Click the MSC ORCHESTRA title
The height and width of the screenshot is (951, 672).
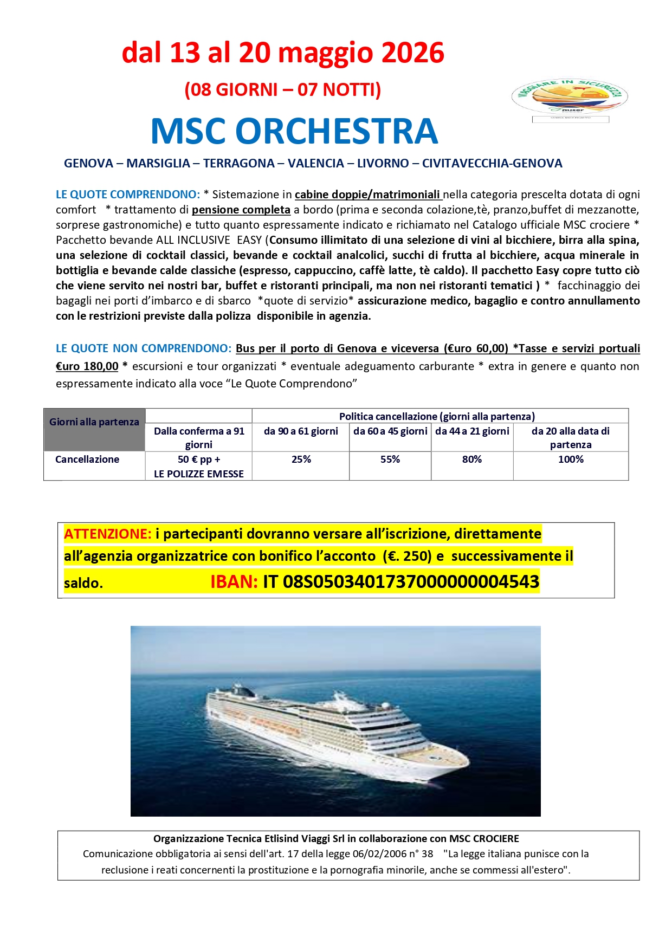pos(294,131)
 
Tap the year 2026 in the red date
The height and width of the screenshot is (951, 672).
pos(413,53)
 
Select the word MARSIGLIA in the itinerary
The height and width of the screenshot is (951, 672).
pos(158,164)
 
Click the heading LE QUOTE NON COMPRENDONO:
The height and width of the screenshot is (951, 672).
pos(144,348)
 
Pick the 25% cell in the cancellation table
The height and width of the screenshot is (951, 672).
pos(301,460)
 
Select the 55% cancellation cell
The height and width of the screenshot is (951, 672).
pos(390,460)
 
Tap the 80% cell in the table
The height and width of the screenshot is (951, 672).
pos(472,460)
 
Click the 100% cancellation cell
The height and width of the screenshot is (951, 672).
pos(571,460)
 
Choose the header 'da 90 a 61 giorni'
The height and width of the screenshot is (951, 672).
pos(301,431)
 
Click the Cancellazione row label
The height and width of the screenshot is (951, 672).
pos(87,460)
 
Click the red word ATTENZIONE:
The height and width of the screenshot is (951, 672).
pos(107,534)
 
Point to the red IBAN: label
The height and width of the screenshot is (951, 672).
pos(234,582)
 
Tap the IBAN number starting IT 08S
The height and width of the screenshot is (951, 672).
pos(401,582)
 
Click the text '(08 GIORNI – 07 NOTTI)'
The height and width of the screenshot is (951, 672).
pos(283,89)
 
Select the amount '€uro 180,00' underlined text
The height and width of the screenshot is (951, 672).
pos(87,366)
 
